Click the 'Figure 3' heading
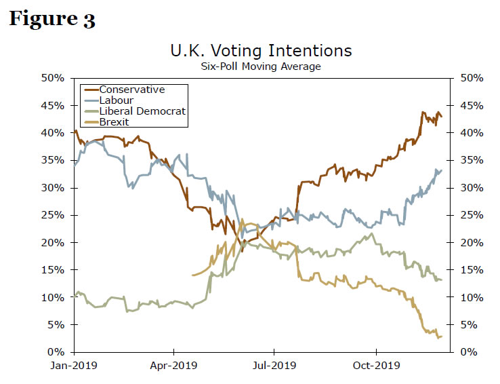click(x=51, y=19)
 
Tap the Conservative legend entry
click(x=131, y=90)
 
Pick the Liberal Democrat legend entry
click(x=142, y=111)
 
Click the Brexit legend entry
click(x=114, y=122)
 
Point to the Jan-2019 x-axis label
click(x=74, y=366)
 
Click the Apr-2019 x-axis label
click(x=173, y=366)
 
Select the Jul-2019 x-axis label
click(x=274, y=366)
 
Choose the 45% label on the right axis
click(x=471, y=106)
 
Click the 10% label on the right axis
click(x=471, y=298)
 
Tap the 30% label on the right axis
click(x=471, y=188)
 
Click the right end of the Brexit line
click(x=442, y=337)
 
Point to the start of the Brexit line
click(x=193, y=275)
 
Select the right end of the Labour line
click(x=442, y=170)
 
